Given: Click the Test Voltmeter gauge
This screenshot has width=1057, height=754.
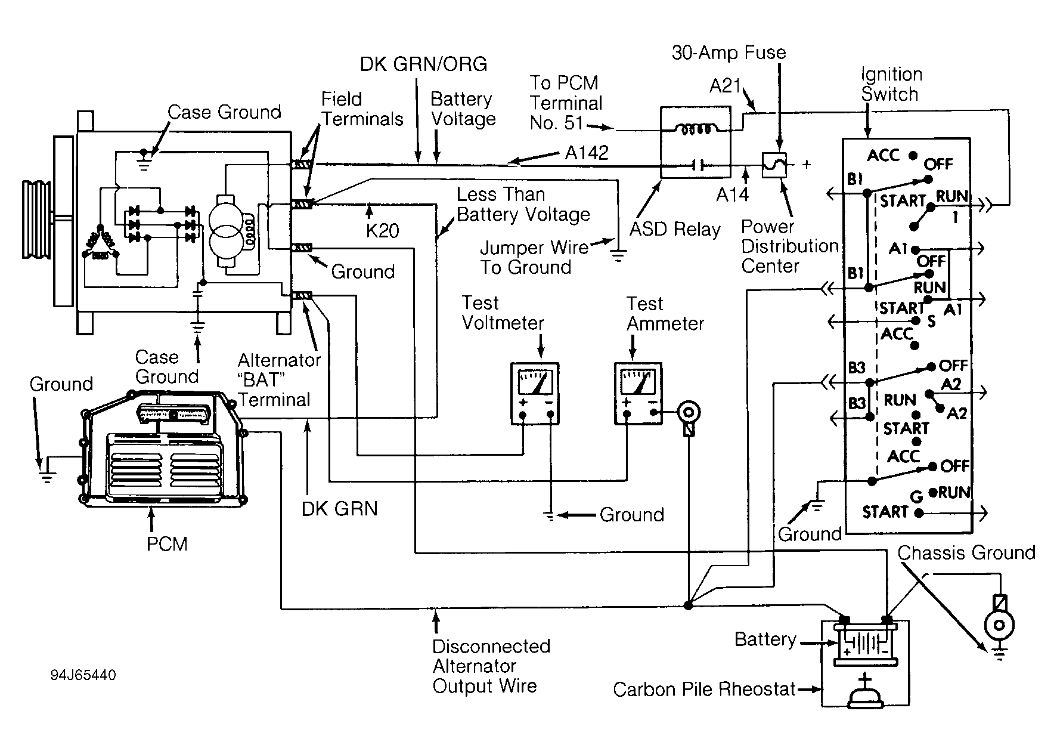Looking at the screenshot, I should (x=535, y=393).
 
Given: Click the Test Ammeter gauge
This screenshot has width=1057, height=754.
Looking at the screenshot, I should (x=638, y=393).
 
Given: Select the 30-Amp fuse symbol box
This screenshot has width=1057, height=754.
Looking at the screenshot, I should (x=774, y=165).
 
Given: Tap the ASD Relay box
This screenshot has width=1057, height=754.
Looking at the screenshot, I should (x=696, y=143).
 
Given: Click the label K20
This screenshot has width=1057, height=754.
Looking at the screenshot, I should (x=382, y=230).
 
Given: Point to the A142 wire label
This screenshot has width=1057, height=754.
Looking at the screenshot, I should (x=587, y=153).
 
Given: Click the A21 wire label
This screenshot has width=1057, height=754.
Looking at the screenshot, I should (x=725, y=86).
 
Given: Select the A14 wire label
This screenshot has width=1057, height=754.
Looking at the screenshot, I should (x=732, y=194).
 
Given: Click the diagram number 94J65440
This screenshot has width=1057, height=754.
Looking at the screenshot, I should (x=83, y=675).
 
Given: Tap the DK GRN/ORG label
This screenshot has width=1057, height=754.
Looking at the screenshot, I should (x=423, y=64).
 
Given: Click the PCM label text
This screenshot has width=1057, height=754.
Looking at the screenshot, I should (x=167, y=544).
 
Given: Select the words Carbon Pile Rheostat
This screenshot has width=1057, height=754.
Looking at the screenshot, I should (x=705, y=690).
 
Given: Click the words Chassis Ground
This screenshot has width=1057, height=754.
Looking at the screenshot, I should (x=966, y=553).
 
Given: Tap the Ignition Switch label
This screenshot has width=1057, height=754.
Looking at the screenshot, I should (x=891, y=84).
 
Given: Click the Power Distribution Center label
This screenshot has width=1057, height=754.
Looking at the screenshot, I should (x=789, y=246).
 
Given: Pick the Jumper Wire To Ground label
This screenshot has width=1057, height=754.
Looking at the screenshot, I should (x=534, y=257).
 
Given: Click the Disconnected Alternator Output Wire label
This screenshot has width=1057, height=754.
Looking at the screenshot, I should (x=491, y=666).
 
